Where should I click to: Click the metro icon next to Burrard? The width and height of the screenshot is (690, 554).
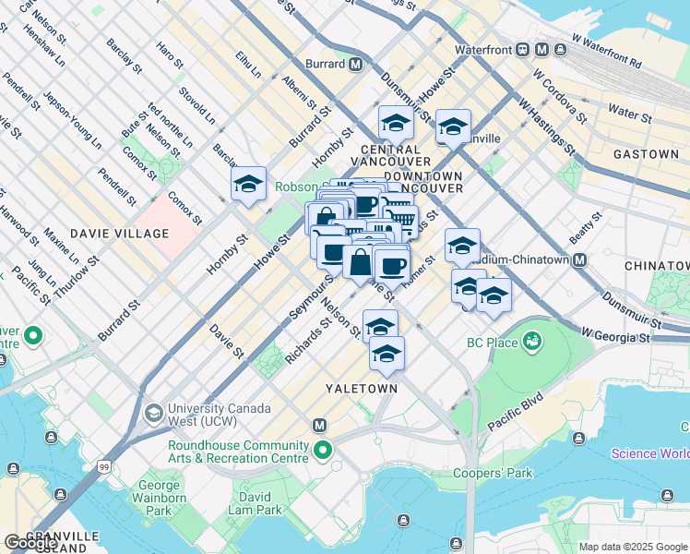(x=355, y=65)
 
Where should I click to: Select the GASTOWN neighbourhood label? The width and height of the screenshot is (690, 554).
(x=646, y=154)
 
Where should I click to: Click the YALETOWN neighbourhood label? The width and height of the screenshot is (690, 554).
(x=362, y=389)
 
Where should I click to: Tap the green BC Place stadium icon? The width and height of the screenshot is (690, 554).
(x=531, y=343)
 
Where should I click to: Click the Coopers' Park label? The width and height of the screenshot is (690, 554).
(x=494, y=474)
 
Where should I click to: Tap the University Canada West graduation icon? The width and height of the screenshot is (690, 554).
(x=153, y=411)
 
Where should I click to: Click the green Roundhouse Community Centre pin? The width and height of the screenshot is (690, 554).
(x=322, y=451)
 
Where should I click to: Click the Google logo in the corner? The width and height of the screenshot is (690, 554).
(x=30, y=542)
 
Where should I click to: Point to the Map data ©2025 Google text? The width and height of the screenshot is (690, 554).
(x=632, y=547)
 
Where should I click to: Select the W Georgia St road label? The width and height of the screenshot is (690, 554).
(x=616, y=334)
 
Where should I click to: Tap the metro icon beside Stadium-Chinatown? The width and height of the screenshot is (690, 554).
(x=580, y=260)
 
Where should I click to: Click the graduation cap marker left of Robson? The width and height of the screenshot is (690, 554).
(x=248, y=185)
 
